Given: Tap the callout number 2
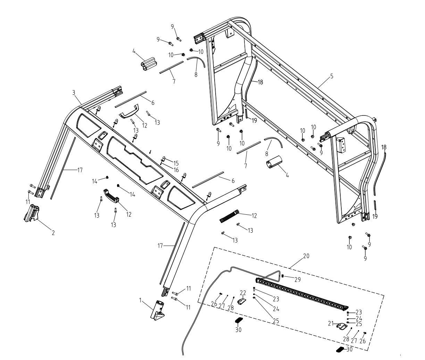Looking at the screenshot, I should coord(53,233).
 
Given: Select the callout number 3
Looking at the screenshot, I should coord(74,93).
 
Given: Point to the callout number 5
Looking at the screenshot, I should coord(332,76).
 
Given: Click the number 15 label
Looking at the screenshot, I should coord(176,163).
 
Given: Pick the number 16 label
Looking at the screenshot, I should coord(176,170).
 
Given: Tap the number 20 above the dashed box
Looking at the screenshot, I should coord(306,256).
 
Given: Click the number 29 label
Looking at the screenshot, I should coord(298,279).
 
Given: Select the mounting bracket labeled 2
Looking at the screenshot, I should coord(32,212).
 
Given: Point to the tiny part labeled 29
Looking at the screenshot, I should coord(283,276).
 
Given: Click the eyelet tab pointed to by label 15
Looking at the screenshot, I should coord(163,160).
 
